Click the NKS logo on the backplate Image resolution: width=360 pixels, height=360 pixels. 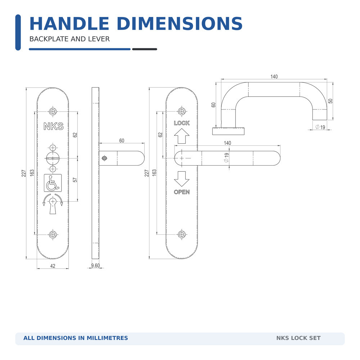[54, 126]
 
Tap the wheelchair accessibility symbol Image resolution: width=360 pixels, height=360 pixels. [53, 183]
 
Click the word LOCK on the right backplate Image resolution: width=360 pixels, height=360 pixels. [181, 123]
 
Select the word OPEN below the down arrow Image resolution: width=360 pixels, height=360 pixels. [181, 192]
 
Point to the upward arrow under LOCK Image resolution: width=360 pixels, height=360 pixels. [181, 136]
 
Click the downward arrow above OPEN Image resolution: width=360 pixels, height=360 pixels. [181, 179]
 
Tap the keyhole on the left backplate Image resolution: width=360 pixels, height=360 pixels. [53, 206]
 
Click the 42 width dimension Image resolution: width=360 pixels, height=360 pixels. [53, 266]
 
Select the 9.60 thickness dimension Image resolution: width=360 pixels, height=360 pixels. [95, 265]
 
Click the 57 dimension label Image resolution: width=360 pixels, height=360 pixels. [75, 180]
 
